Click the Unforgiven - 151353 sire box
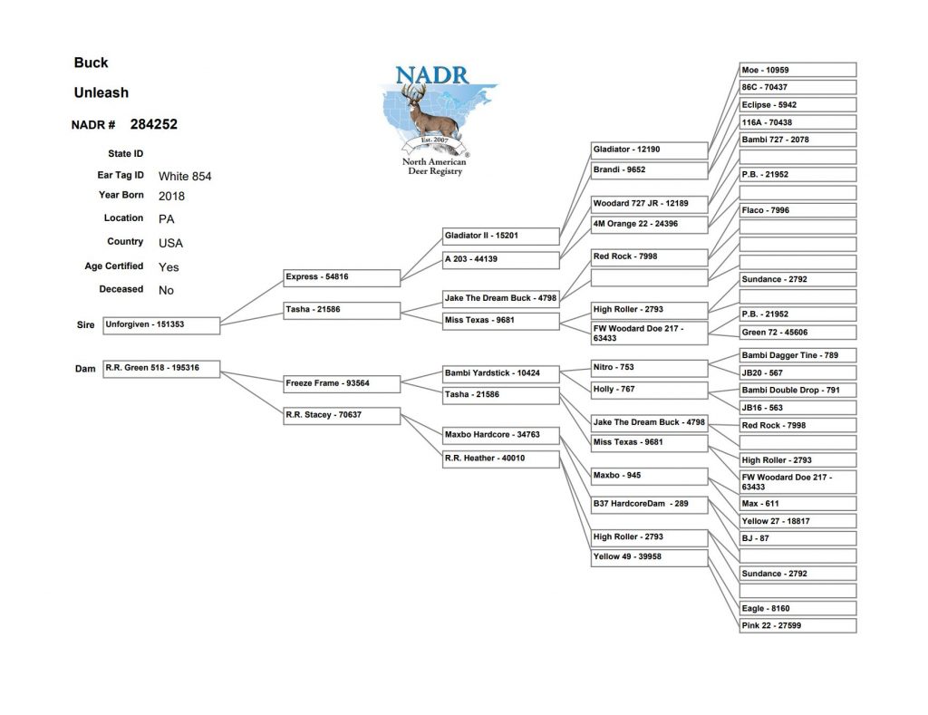point(161,325)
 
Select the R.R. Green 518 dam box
point(161,369)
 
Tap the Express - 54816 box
point(342,277)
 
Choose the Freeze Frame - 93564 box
point(342,384)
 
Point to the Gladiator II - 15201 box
point(501,237)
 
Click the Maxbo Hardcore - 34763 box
point(501,436)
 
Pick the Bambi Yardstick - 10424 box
point(501,374)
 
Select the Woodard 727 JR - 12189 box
point(649,204)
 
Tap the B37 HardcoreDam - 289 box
point(649,505)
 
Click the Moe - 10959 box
point(797,70)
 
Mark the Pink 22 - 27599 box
point(797,625)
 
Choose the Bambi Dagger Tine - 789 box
point(797,355)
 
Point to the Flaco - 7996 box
point(797,210)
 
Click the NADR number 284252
point(154,124)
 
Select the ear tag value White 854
point(185,177)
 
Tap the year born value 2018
point(171,197)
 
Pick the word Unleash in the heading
point(101,93)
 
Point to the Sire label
point(85,325)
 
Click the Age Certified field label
point(113,266)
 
